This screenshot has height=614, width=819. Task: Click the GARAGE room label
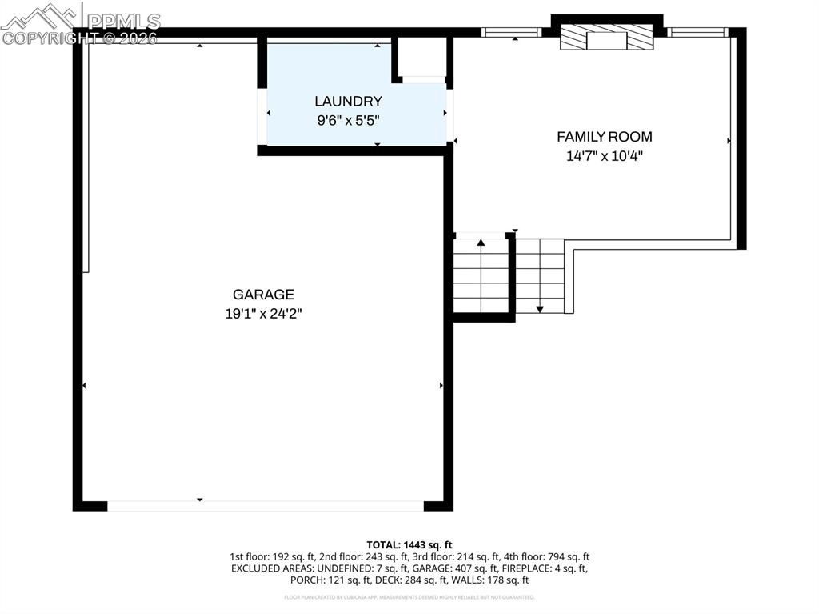(263, 295)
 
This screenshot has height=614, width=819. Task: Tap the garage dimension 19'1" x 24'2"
(263, 314)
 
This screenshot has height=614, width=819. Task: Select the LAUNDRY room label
(348, 102)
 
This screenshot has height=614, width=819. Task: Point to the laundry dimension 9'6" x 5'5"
(348, 121)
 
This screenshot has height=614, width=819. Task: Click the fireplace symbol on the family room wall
(605, 37)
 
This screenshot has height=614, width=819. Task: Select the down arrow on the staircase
(540, 308)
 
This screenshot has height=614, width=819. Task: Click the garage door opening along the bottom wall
(265, 506)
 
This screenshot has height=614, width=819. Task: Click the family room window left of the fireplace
(511, 33)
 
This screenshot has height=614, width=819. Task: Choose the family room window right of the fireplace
(698, 33)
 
